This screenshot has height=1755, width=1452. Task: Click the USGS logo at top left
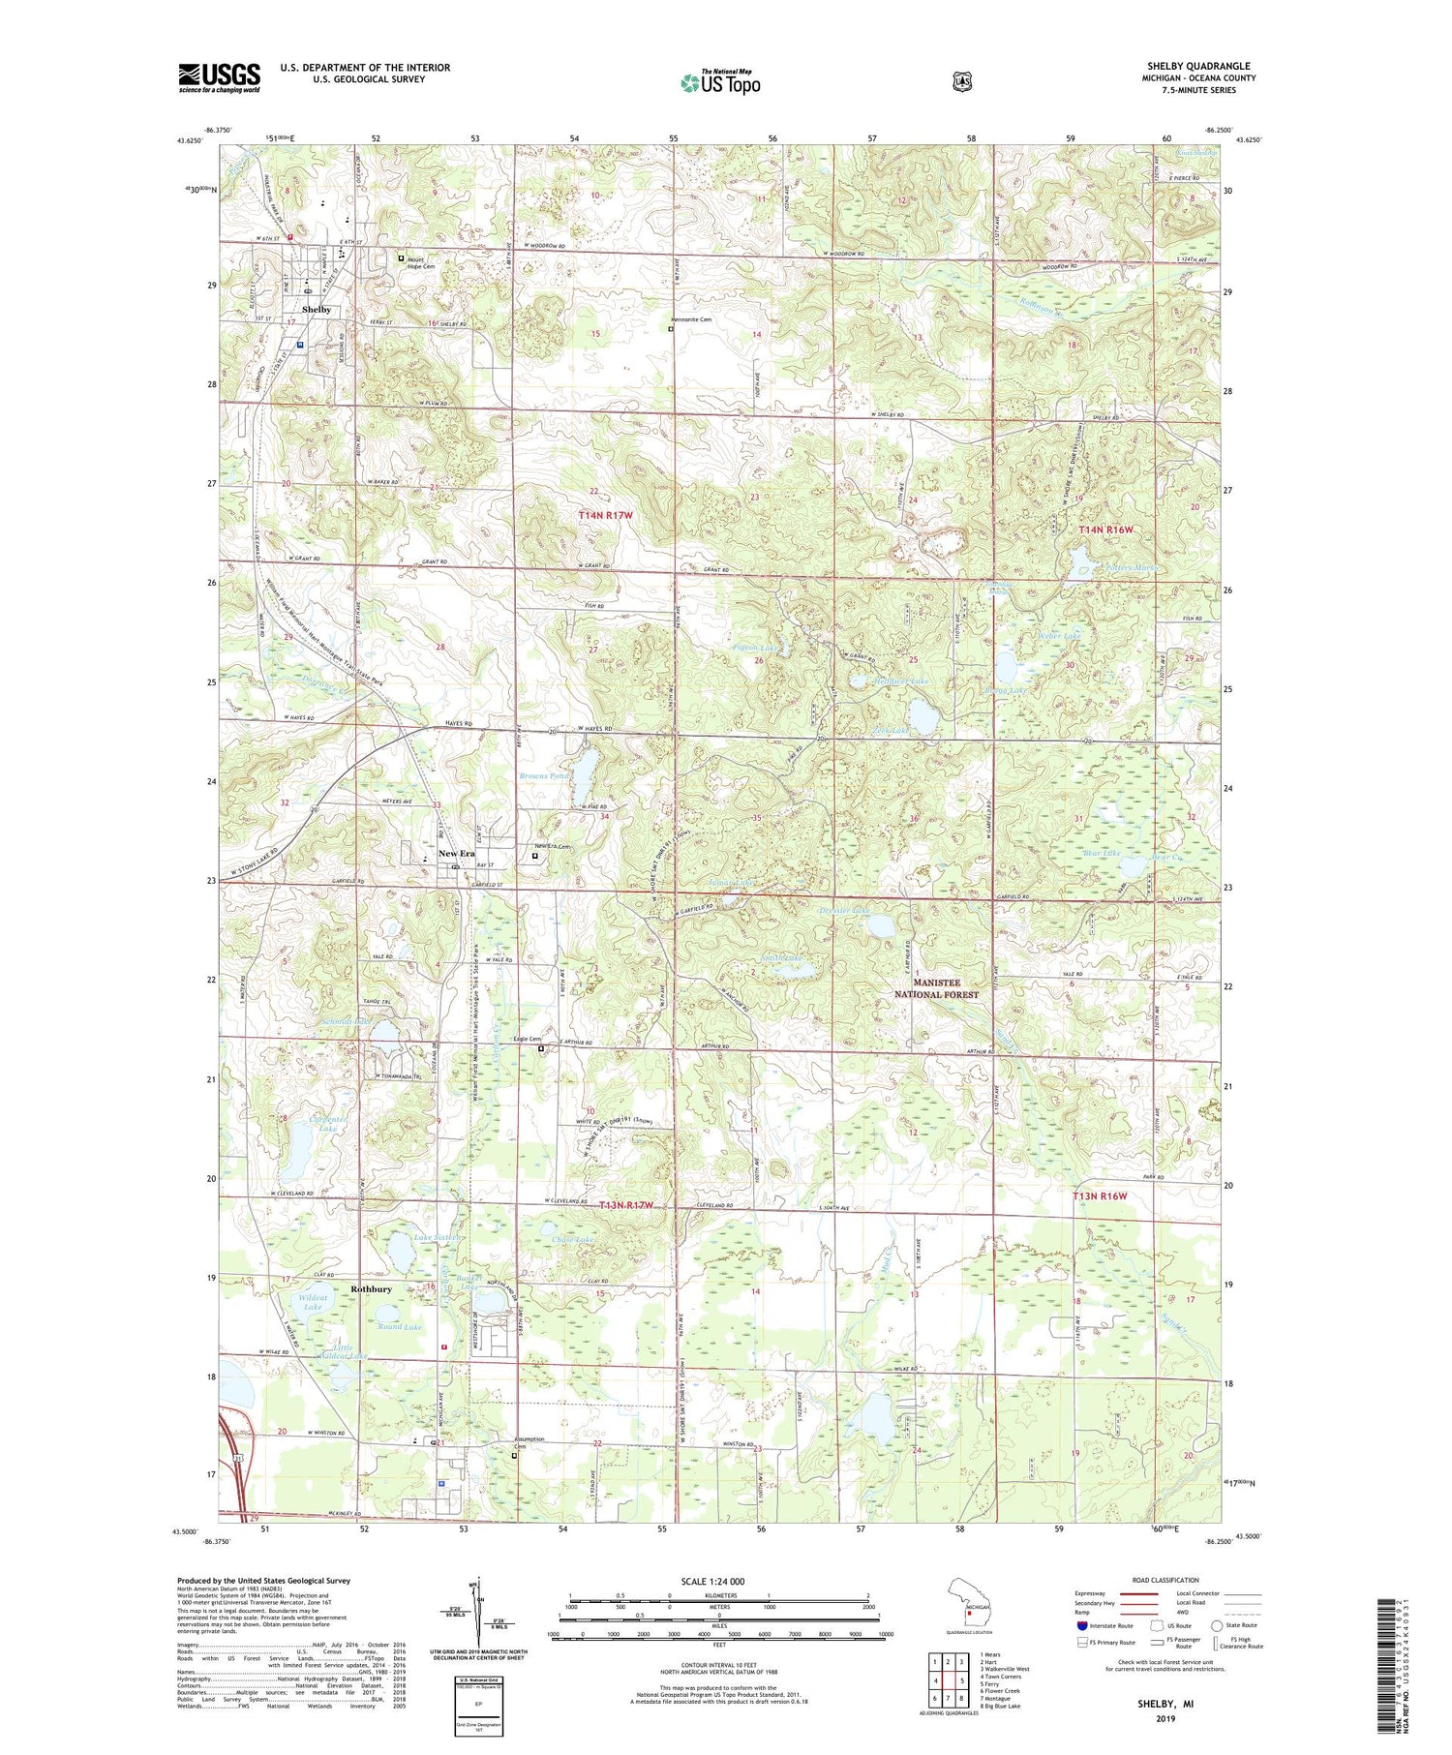click(x=219, y=76)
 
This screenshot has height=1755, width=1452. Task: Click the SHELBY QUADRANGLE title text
click(x=1197, y=66)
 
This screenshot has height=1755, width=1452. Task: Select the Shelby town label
click(x=317, y=310)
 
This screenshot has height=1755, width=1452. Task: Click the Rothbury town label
click(x=372, y=1289)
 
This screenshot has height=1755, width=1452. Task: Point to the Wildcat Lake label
click(x=313, y=1302)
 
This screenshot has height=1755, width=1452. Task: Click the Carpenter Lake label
click(x=328, y=1124)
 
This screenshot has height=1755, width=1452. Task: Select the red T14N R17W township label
click(x=605, y=516)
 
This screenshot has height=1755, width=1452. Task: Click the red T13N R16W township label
click(x=1102, y=1196)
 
